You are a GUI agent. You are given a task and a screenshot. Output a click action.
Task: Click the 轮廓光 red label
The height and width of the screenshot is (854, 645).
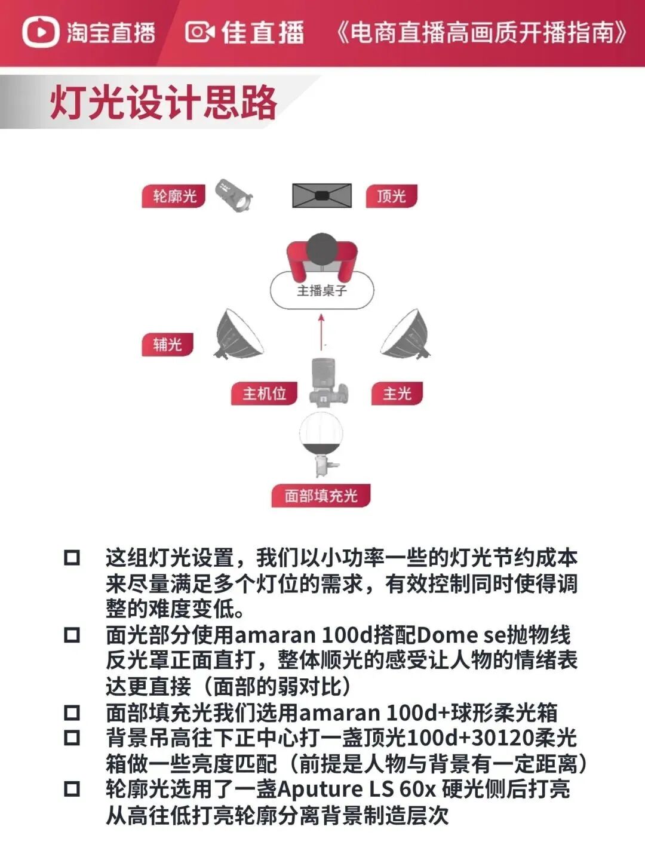(x=174, y=196)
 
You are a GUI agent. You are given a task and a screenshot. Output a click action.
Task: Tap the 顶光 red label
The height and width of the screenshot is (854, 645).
(x=391, y=196)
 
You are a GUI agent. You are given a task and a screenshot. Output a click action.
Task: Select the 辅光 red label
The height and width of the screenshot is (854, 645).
(x=167, y=345)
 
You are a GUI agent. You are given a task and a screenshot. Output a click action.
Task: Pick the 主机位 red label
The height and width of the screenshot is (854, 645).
(x=264, y=394)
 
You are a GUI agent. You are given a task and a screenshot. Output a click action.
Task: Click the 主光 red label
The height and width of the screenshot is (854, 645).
(x=397, y=394)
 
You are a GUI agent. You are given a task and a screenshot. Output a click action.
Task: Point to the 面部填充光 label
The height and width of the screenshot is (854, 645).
(x=321, y=496)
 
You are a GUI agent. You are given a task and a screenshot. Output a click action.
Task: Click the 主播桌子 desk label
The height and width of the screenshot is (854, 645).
(x=322, y=291)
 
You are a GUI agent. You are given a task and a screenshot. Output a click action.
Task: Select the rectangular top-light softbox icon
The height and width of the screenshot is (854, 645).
(x=321, y=195)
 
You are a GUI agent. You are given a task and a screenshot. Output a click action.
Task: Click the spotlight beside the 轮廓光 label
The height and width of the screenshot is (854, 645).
(x=234, y=195)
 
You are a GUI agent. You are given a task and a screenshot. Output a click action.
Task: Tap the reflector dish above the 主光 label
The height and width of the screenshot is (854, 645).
(x=407, y=335)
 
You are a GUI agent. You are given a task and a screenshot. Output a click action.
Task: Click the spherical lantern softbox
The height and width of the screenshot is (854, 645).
(x=321, y=436)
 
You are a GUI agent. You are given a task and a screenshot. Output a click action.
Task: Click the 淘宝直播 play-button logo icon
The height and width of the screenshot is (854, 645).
(x=41, y=32)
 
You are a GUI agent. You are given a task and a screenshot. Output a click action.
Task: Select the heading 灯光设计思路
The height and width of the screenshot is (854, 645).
(x=163, y=103)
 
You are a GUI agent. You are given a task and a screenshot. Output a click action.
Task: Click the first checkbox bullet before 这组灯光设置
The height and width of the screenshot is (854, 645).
(x=72, y=558)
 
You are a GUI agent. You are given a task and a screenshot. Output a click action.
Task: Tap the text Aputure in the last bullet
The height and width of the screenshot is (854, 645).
(x=320, y=790)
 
